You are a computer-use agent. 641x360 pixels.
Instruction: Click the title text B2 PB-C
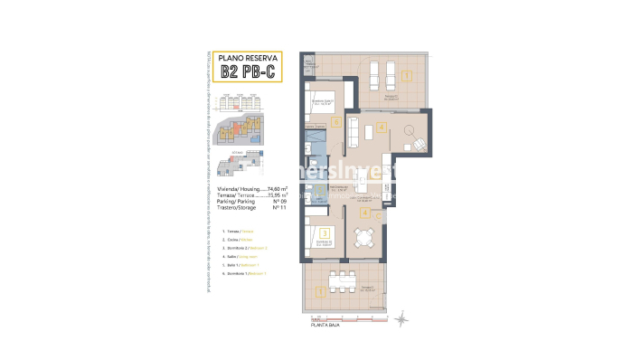click(x=241, y=73)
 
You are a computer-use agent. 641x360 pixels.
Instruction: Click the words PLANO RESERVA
click(x=241, y=57)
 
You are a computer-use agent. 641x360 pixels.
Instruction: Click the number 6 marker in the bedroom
click(x=335, y=120)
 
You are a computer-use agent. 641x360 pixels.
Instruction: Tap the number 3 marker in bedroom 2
click(x=311, y=232)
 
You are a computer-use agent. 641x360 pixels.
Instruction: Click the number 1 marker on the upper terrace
click(x=407, y=75)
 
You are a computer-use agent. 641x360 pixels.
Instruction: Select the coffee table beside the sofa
click(x=372, y=135)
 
